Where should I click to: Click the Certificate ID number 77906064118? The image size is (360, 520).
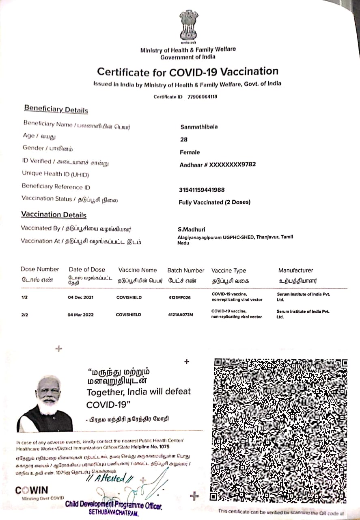coord(202,97)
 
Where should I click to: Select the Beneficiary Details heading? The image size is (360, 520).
coord(56,109)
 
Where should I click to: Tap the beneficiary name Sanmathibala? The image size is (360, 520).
coord(199,127)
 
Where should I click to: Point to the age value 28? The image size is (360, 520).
coord(183,139)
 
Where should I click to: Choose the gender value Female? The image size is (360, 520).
coord(190,152)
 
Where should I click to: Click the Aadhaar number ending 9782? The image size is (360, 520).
coord(218,165)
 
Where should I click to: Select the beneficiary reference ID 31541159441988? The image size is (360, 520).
coord(202,190)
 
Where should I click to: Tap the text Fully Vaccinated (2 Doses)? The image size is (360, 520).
coord(214,202)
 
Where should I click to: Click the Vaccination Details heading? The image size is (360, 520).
coord(54,214)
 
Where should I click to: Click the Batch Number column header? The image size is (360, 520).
coord(186,270)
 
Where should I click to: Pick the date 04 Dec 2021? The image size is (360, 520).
coord(81,297)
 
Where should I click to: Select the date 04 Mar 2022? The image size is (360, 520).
coord(81,314)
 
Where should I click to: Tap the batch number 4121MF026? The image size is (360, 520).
coord(179,297)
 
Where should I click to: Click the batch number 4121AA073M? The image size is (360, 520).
coord(181,314)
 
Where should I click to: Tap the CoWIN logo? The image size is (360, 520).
coord(31,490)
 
